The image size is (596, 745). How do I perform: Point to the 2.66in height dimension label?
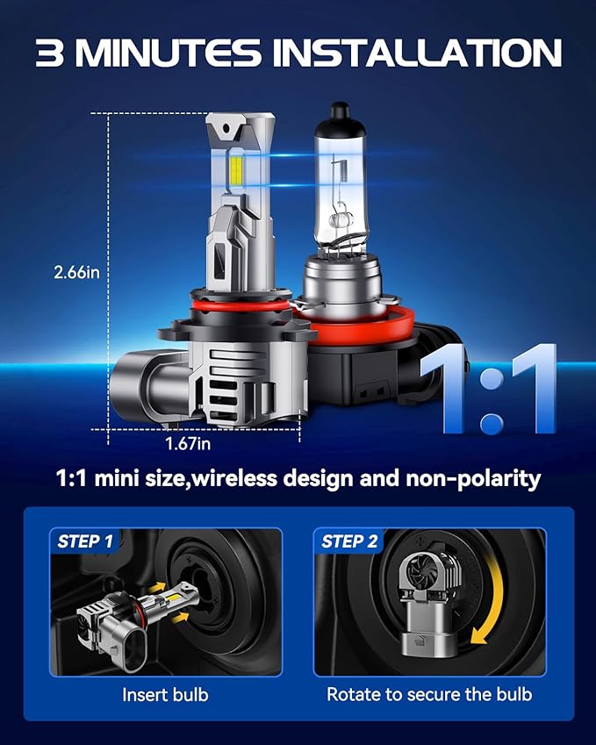[76, 273]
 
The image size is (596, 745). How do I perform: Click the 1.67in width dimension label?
[188, 444]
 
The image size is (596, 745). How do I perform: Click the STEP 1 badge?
[85, 541]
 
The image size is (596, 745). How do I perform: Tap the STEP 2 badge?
[349, 541]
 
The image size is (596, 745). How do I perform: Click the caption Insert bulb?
[165, 694]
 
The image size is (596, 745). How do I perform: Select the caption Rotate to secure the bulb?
[429, 694]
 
